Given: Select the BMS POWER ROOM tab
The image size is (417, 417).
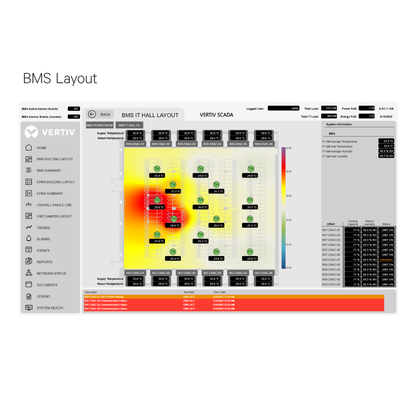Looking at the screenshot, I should tap(100, 125).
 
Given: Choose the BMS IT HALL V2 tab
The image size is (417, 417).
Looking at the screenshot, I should tap(129, 125).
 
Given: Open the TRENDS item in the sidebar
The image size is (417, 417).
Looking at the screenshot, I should tap(43, 228).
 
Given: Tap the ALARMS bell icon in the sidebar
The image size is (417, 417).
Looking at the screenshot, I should tap(29, 239).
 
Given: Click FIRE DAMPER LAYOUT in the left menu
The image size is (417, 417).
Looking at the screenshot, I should tap(54, 216).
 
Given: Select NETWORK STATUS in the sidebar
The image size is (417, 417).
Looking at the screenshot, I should tap(51, 274).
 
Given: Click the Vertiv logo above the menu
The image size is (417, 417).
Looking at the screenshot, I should tap(50, 133).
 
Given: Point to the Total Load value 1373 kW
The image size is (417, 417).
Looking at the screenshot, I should tap(329, 108).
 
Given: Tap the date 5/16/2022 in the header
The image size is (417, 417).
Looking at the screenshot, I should tap(386, 117).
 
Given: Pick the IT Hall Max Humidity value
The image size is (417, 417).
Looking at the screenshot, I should tap(386, 156).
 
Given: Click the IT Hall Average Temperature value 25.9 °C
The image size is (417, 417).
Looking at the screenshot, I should tap(386, 141).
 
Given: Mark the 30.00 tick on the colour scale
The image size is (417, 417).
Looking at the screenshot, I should tap(289, 148).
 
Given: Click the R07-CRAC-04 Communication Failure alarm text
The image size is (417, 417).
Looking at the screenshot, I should tap(106, 301).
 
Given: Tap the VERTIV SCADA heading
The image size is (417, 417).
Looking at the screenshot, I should tap(216, 115).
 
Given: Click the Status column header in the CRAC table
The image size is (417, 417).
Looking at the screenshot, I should tap(386, 224).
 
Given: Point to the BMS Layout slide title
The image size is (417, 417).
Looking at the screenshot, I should tap(60, 78).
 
